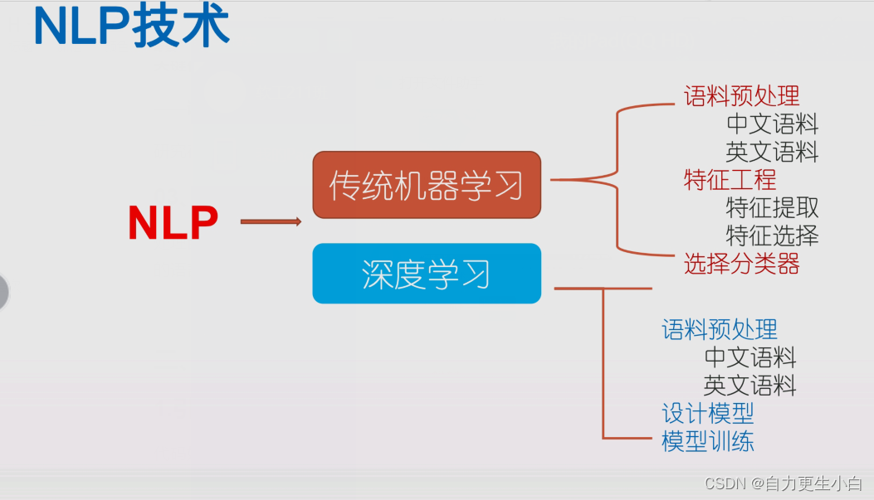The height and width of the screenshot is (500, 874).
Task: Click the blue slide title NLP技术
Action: coord(131,27)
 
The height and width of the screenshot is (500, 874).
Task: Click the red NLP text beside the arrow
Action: coord(173,222)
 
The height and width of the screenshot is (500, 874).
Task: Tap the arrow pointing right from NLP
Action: coord(271,221)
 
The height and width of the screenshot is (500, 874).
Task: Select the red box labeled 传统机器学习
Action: coord(427,185)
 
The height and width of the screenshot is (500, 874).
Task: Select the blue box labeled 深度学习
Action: coord(427,274)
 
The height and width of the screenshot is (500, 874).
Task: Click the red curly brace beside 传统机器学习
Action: coord(618,178)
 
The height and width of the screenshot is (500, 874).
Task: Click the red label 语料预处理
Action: coord(741,97)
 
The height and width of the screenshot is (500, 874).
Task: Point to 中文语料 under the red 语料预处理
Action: coord(772,124)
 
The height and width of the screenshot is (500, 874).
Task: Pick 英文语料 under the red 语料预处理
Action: coord(772,152)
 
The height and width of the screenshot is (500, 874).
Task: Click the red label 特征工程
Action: coord(730,179)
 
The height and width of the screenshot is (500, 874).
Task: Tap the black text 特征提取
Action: coord(772,207)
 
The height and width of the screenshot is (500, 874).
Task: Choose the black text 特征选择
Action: coord(772,235)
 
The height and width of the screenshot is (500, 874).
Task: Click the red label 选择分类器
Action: coord(741,264)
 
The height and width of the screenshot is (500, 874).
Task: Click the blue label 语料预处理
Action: coord(719,330)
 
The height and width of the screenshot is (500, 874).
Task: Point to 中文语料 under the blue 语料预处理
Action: coord(749,357)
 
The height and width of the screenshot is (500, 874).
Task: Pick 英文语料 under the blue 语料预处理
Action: coord(749,386)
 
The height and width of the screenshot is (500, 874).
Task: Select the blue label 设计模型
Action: coord(707,413)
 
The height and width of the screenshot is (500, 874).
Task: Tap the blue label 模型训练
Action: coord(707,441)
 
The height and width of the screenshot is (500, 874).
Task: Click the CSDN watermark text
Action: coord(783,483)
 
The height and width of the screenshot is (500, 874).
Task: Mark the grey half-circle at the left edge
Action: coord(3,292)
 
